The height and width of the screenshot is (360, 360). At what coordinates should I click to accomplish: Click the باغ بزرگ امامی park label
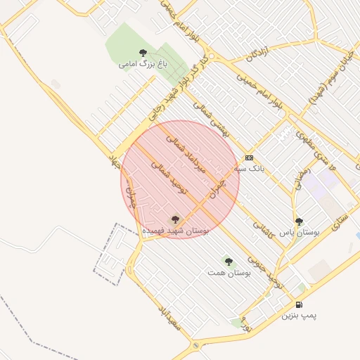(136, 64)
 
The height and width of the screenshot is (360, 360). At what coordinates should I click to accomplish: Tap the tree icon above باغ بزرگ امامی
(143, 53)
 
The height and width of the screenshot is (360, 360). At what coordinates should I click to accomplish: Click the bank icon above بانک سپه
(249, 157)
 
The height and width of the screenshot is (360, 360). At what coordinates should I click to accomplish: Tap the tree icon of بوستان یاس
(300, 221)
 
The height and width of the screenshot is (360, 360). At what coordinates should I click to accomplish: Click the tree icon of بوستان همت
(229, 262)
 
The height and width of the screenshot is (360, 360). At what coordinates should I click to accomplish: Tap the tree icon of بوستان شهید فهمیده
(175, 219)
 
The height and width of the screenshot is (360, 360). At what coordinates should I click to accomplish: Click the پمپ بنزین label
(300, 316)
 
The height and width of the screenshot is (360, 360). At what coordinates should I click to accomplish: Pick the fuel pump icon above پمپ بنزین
(300, 305)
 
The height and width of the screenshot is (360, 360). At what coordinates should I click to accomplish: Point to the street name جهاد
(111, 157)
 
